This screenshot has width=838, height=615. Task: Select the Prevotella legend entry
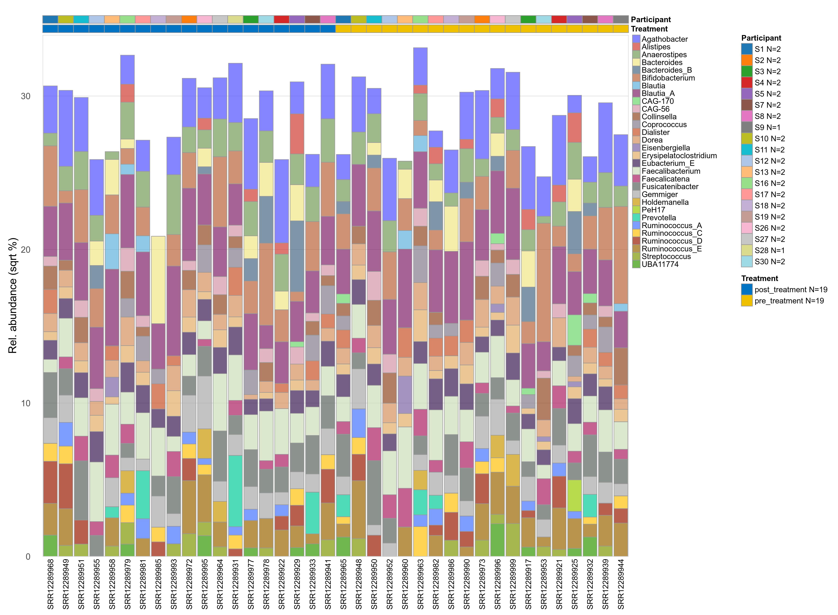click(x=658, y=218)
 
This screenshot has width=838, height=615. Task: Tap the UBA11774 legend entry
click(x=660, y=264)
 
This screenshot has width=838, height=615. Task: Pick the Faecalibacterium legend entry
click(x=671, y=171)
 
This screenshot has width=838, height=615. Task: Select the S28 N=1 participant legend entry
click(x=769, y=250)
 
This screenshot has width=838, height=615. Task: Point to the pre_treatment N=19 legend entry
click(x=788, y=301)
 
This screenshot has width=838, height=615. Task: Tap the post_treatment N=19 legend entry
click(x=790, y=290)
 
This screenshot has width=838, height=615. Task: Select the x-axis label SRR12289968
click(x=51, y=583)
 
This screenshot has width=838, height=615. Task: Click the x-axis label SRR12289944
click(x=621, y=583)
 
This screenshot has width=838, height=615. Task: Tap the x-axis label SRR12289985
click(x=158, y=583)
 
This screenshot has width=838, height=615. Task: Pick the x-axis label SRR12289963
click(x=420, y=583)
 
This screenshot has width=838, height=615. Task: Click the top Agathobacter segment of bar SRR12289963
click(x=420, y=66)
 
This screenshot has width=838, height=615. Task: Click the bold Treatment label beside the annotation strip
click(x=649, y=29)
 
